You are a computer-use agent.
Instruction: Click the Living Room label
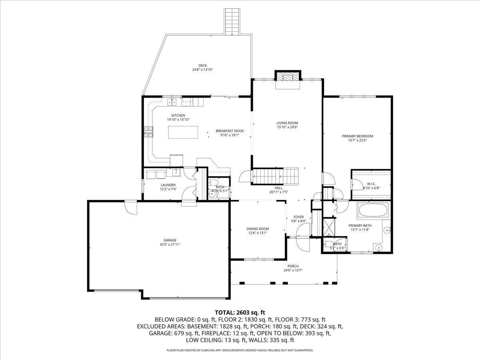tap(287, 123)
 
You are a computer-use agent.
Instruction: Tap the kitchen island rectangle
tap(183, 132)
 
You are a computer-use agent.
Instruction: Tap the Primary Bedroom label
tap(357, 136)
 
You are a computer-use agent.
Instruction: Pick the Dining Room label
tap(258, 229)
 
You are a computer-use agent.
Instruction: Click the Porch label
tap(293, 266)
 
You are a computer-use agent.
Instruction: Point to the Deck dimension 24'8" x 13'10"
tap(202, 70)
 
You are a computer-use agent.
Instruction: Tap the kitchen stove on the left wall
tap(149, 132)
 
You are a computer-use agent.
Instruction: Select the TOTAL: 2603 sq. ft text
tap(240, 312)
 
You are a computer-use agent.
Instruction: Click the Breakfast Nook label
tap(230, 131)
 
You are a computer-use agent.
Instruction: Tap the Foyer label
tap(298, 217)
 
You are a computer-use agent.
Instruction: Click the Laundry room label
tap(168, 185)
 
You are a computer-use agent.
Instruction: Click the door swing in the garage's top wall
tap(130, 207)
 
